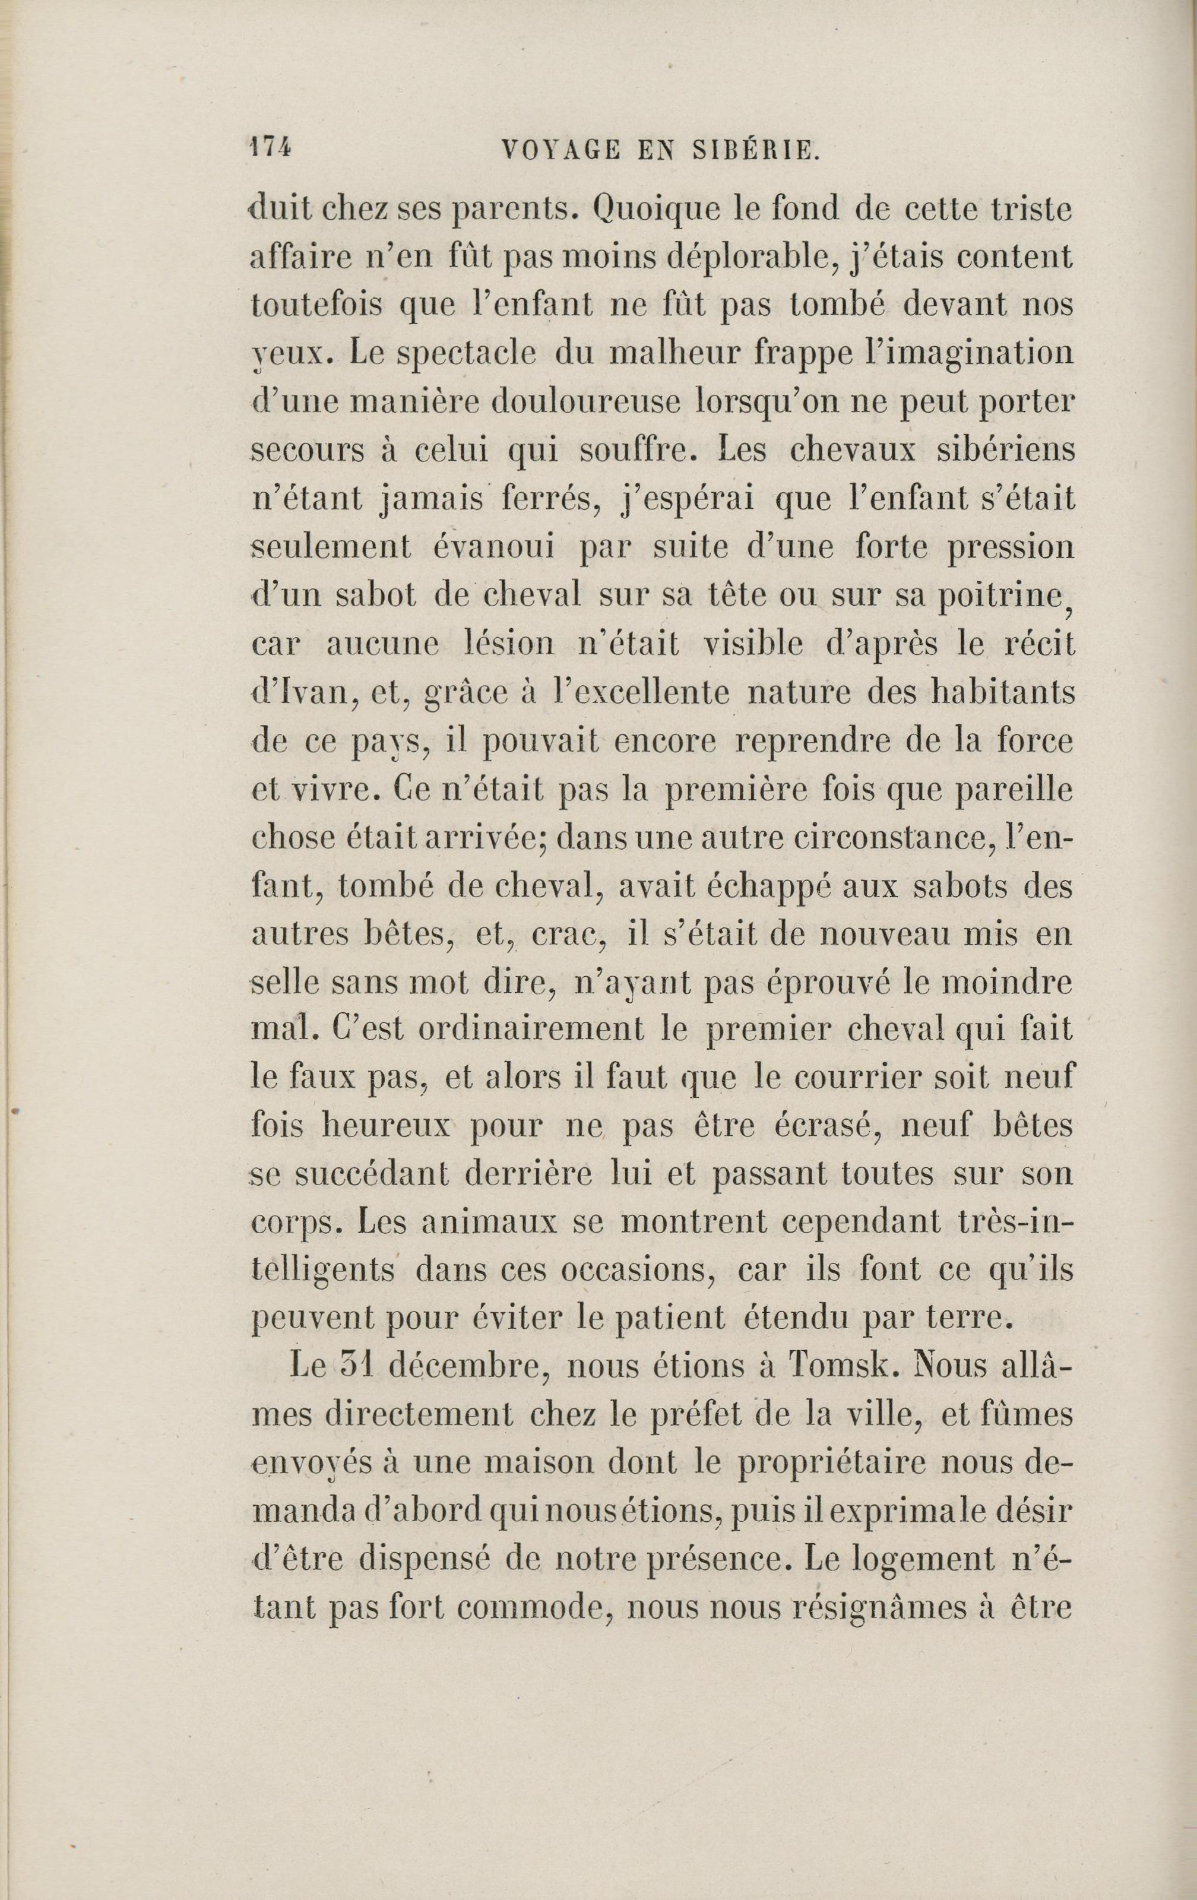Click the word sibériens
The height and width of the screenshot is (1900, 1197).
coord(995,449)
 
